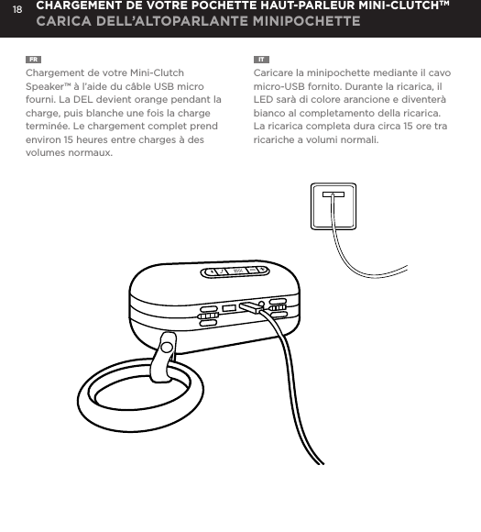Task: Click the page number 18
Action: click(x=16, y=10)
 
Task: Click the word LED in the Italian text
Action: click(x=265, y=99)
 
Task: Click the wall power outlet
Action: click(x=333, y=206)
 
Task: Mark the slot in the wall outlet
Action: click(x=333, y=194)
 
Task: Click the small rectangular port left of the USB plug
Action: click(x=230, y=307)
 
